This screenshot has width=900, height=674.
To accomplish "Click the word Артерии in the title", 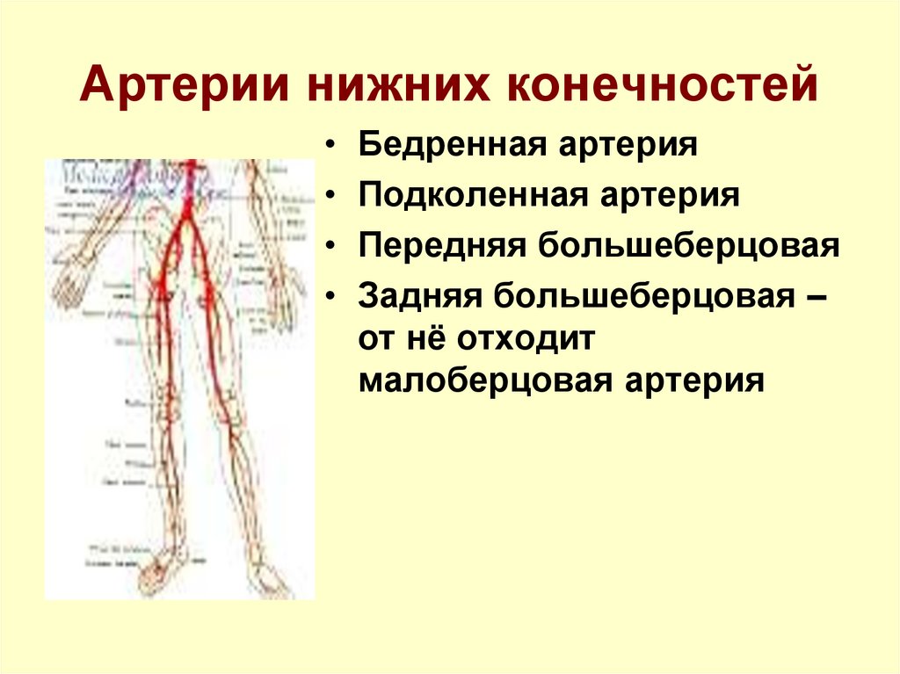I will [x=184, y=89].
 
